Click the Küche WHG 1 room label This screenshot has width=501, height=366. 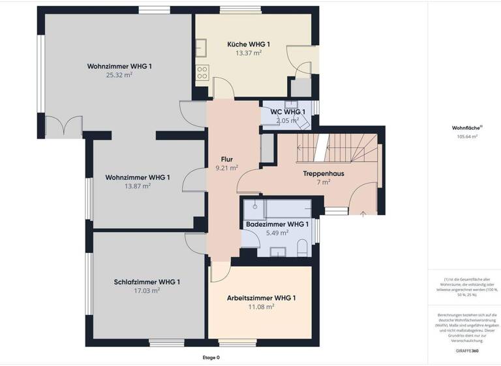pos(249,44)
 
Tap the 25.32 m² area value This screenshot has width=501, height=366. pos(119,75)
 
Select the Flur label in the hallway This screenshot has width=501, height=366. pos(227,159)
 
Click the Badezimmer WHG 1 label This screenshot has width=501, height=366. pos(277,224)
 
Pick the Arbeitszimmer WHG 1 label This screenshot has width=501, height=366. pos(261,298)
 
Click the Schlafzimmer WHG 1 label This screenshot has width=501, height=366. pos(147,282)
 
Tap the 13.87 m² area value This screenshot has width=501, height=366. pos(137,186)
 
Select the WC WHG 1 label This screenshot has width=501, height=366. pos(283,112)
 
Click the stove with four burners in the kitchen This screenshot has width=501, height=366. pos(202,73)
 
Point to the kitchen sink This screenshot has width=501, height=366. pos(202,47)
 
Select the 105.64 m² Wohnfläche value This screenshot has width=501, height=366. pos(467,137)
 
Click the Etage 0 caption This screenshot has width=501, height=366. pos(211,358)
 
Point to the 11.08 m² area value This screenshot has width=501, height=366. pos(260,307)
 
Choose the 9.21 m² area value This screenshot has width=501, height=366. pos(226,168)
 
